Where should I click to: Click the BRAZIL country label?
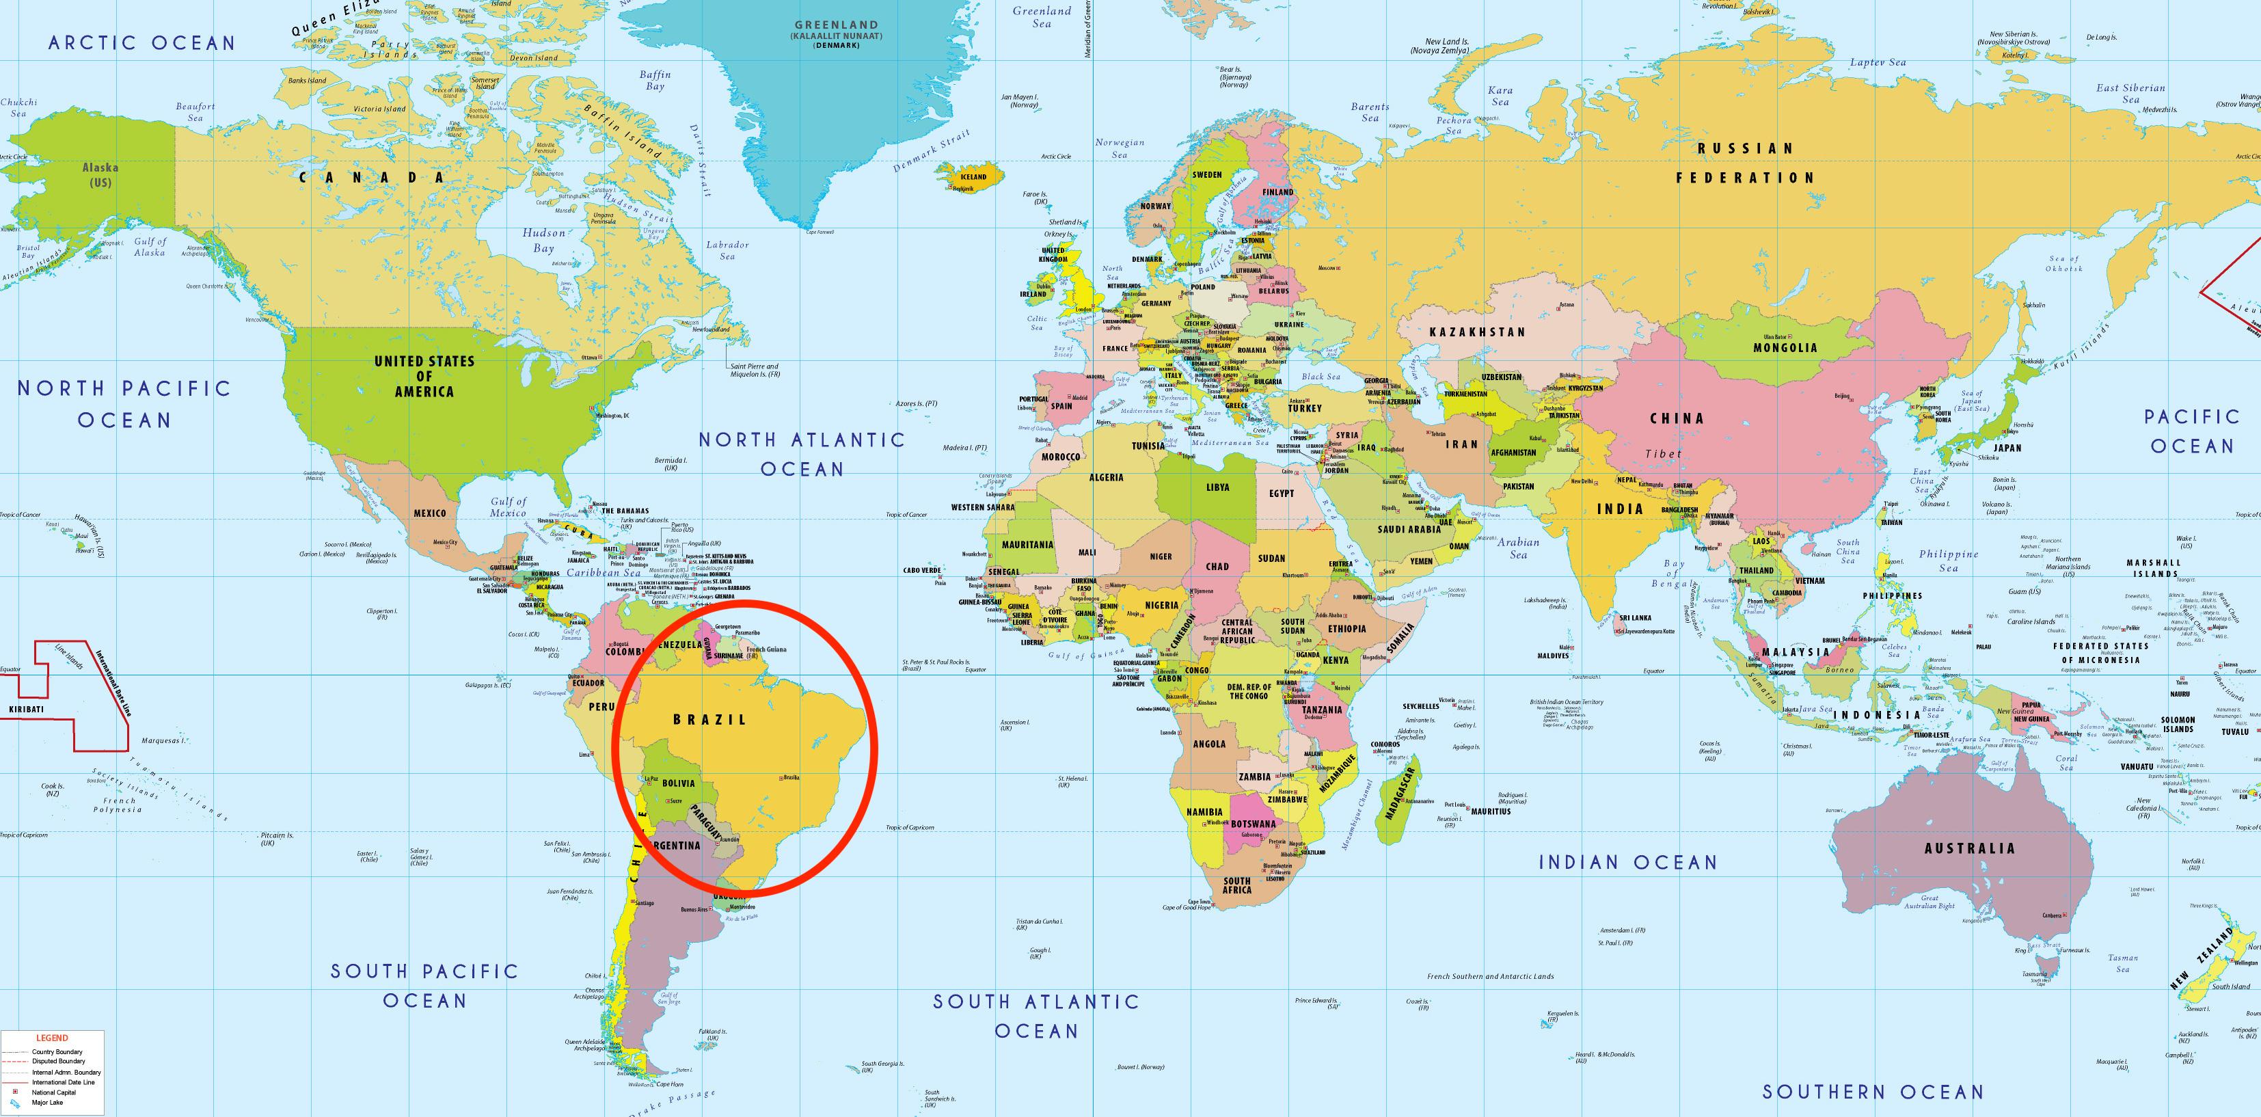(709, 719)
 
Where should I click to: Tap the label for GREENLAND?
(836, 25)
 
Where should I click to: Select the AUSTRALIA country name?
(1970, 848)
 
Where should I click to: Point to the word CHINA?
(1677, 419)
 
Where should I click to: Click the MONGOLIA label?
(1785, 348)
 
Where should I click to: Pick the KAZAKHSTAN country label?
(1477, 332)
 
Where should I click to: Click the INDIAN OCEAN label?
(1627, 862)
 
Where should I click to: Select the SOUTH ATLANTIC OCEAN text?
(1035, 1015)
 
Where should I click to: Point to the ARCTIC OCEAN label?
(142, 43)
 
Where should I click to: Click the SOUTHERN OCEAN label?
(1873, 1092)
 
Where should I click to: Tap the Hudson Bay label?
(544, 241)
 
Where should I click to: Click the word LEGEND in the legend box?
(52, 1038)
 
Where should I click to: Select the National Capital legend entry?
(55, 1092)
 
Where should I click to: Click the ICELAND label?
(972, 176)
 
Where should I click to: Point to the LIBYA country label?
(1217, 487)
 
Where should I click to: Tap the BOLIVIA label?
(679, 783)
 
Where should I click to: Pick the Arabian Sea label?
(1517, 548)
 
